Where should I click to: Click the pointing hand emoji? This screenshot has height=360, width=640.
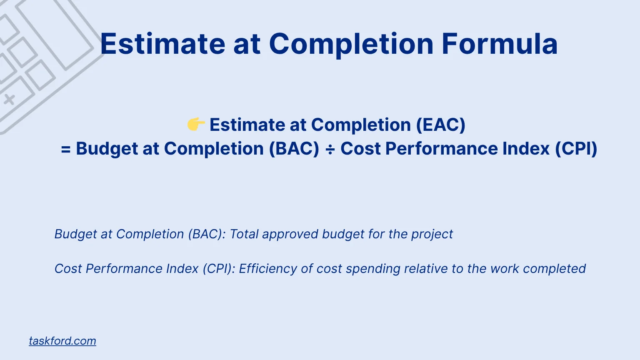[x=196, y=124]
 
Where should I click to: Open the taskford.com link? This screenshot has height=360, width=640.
[x=62, y=341]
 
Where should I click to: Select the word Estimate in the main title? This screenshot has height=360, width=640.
[x=162, y=44]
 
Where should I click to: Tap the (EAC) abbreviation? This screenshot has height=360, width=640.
[x=441, y=125]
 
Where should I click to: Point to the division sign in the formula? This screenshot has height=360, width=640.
[x=330, y=149]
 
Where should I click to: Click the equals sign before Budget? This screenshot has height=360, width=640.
[x=66, y=149]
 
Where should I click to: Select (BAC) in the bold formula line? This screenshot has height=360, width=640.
[x=294, y=149]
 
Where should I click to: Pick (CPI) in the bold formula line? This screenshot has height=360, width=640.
[x=576, y=149]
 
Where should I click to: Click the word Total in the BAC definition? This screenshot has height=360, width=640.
[x=244, y=234]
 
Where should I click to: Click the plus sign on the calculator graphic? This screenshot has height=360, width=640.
[x=9, y=100]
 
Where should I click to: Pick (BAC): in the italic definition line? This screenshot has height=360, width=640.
[x=207, y=234]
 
